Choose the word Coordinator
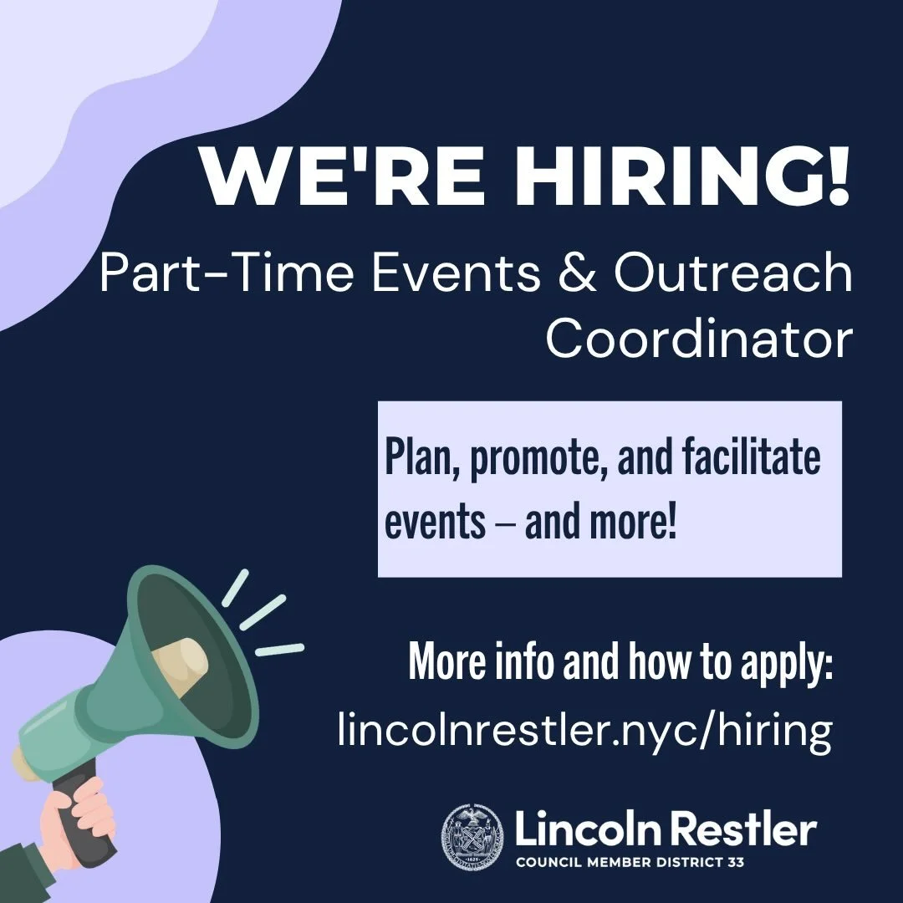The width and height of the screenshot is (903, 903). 699,338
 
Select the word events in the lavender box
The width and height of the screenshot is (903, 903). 435,522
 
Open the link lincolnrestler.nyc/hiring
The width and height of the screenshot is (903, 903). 584,729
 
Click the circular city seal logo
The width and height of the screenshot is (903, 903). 473,835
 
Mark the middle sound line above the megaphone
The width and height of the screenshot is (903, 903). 263,611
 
